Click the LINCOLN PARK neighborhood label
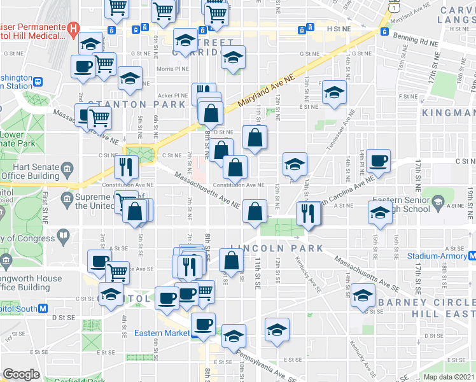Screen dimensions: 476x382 pyautogui.click(x=277, y=248)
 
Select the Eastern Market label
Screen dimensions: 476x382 pyautogui.click(x=162, y=333)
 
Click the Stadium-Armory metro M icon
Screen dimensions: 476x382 pyautogui.click(x=471, y=256)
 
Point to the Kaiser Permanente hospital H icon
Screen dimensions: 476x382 pyautogui.click(x=74, y=28)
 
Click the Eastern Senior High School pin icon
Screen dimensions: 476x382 pyautogui.click(x=438, y=202)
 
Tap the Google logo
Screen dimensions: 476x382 pyautogui.click(x=21, y=374)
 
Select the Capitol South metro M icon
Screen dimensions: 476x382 pyautogui.click(x=43, y=308)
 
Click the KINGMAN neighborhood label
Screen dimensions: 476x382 pyautogui.click(x=448, y=113)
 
